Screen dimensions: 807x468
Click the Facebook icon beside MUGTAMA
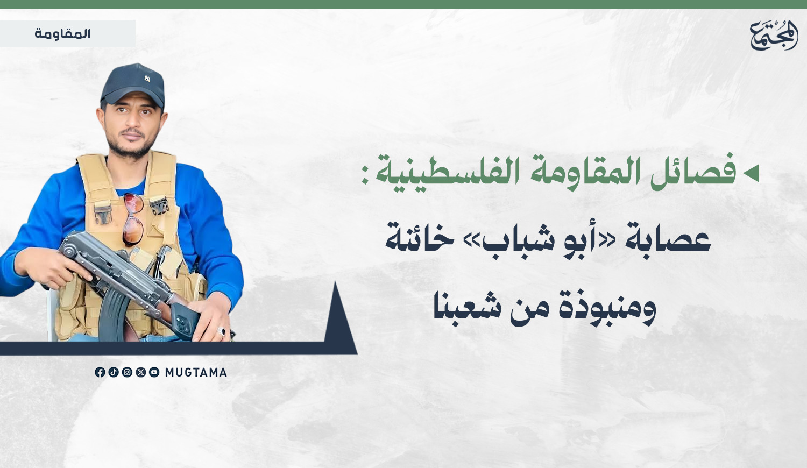pyautogui.click(x=100, y=372)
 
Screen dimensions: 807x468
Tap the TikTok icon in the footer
pyautogui.click(x=114, y=372)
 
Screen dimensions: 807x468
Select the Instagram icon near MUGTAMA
pyautogui.click(x=127, y=372)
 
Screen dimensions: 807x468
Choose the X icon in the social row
pyautogui.click(x=140, y=372)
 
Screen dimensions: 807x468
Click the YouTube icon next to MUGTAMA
pyautogui.click(x=154, y=372)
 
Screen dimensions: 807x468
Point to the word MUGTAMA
pyautogui.click(x=196, y=373)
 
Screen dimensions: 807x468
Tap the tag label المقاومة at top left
pyautogui.click(x=63, y=34)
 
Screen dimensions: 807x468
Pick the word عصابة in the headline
pyautogui.click(x=668, y=239)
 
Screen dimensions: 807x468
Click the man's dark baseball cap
pyautogui.click(x=133, y=86)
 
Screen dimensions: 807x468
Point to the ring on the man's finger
pyautogui.click(x=221, y=331)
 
